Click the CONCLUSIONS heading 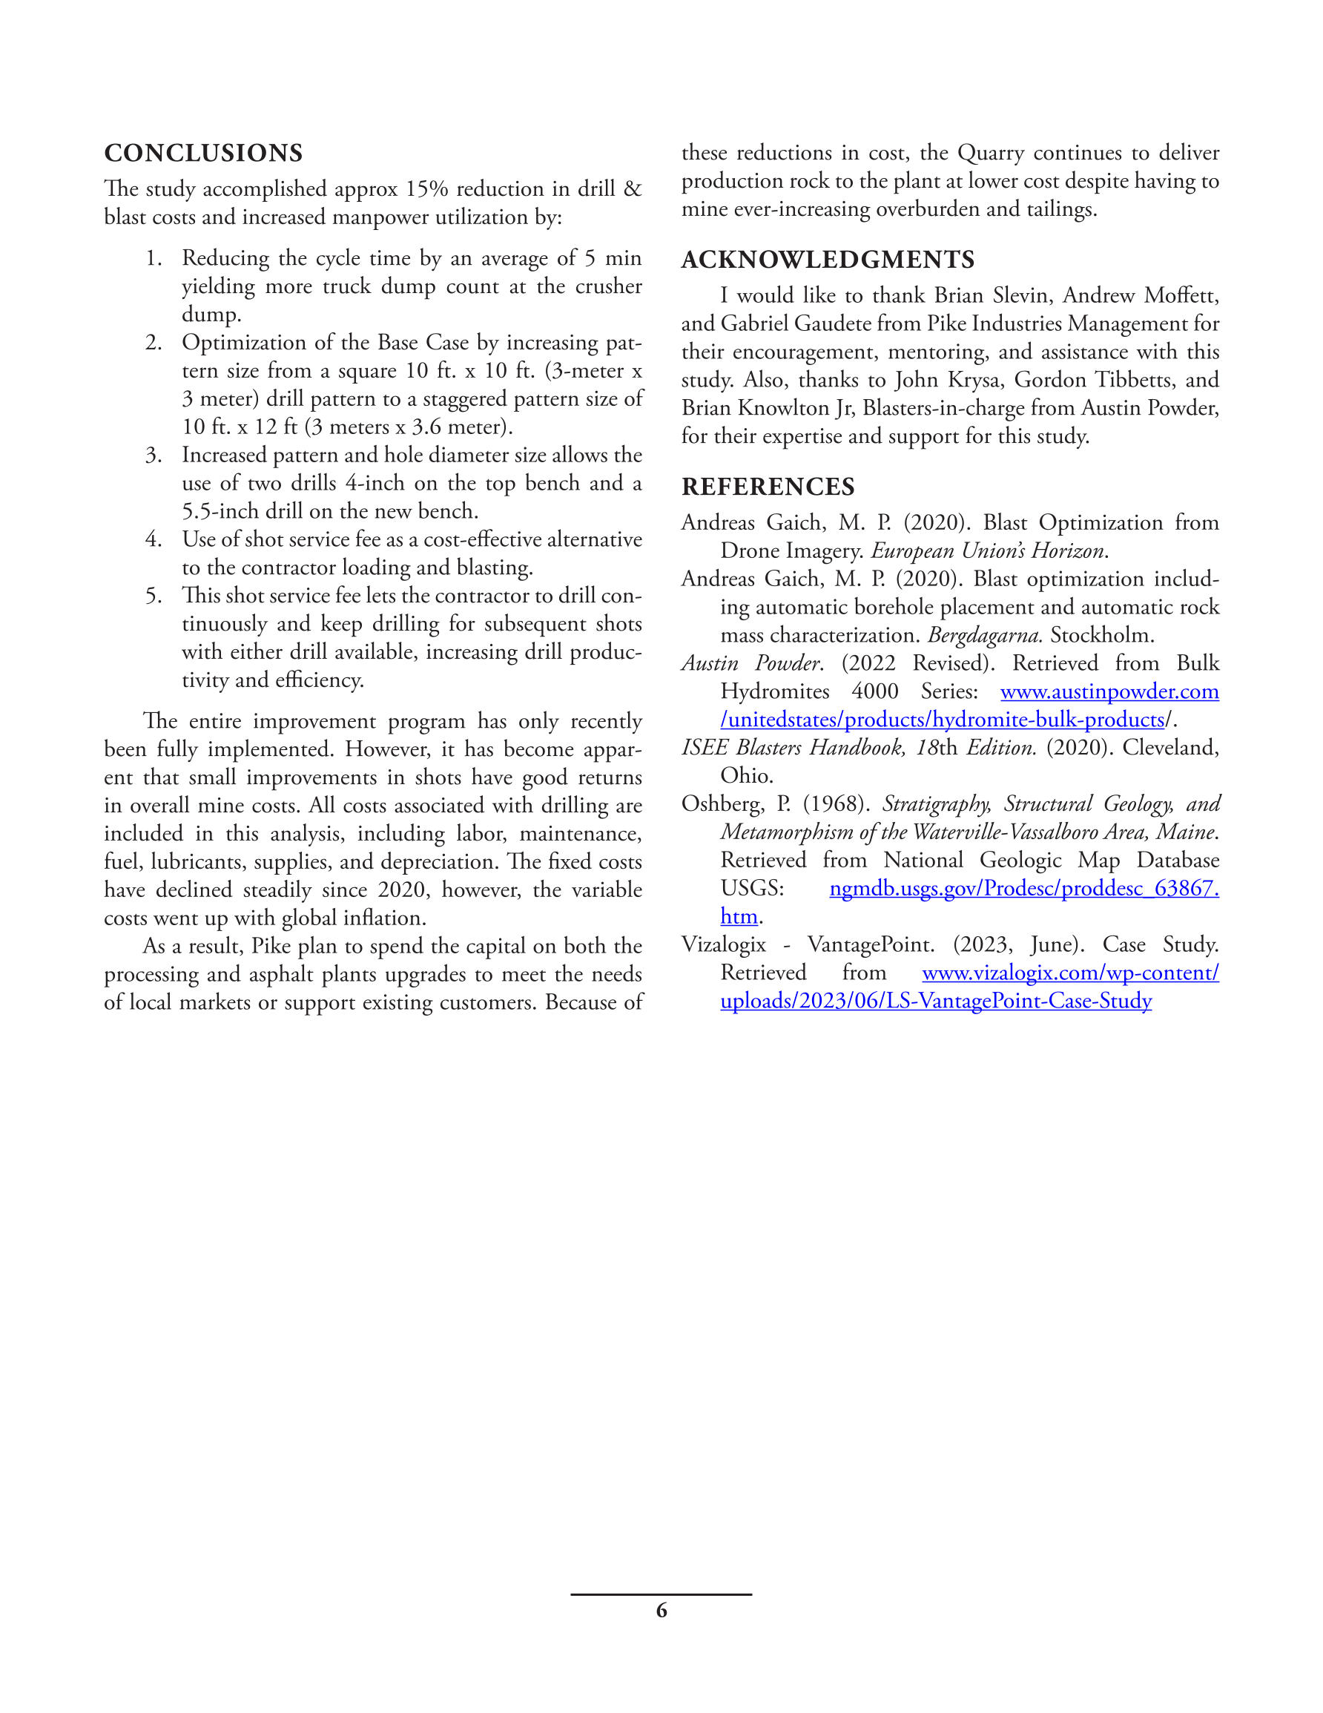(203, 153)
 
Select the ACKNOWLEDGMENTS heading (828, 260)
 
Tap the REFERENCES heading (768, 486)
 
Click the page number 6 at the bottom (661, 1611)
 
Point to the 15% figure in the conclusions (425, 189)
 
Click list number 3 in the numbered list (153, 455)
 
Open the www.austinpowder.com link (1109, 691)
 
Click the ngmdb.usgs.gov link (1023, 889)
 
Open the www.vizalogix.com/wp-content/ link (1069, 973)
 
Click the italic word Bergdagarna (984, 635)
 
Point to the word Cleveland (1169, 748)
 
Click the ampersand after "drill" (632, 189)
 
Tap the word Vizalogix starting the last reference (723, 944)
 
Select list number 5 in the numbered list (153, 595)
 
